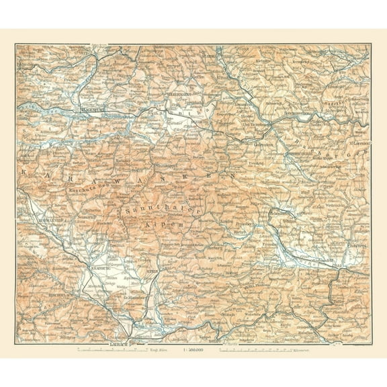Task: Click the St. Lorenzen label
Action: pyautogui.click(x=355, y=143)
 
